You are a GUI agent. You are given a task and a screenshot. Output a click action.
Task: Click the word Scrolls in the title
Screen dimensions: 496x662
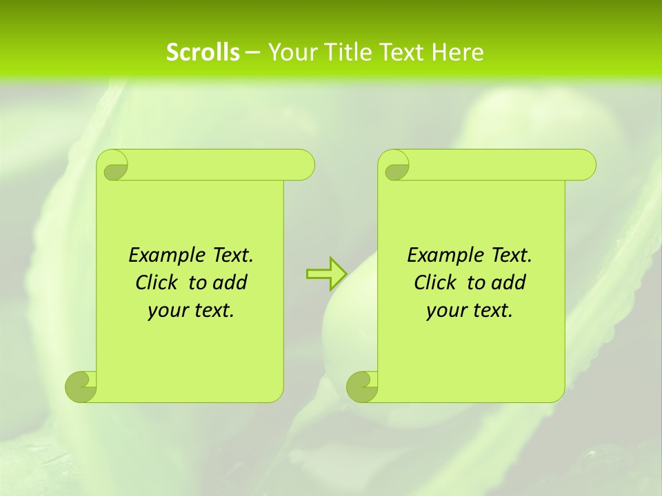[203, 52]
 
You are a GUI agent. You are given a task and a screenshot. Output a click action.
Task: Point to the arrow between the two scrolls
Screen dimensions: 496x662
[326, 273]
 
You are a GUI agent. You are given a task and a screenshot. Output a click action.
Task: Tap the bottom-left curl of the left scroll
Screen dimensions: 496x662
[81, 386]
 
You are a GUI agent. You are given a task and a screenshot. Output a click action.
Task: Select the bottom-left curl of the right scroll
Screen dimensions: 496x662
[362, 386]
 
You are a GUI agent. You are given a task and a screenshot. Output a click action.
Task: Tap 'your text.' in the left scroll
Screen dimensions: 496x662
[191, 310]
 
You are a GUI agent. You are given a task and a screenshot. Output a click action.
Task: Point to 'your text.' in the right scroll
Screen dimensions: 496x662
[470, 310]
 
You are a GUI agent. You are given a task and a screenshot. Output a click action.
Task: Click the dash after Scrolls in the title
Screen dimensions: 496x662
[253, 52]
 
